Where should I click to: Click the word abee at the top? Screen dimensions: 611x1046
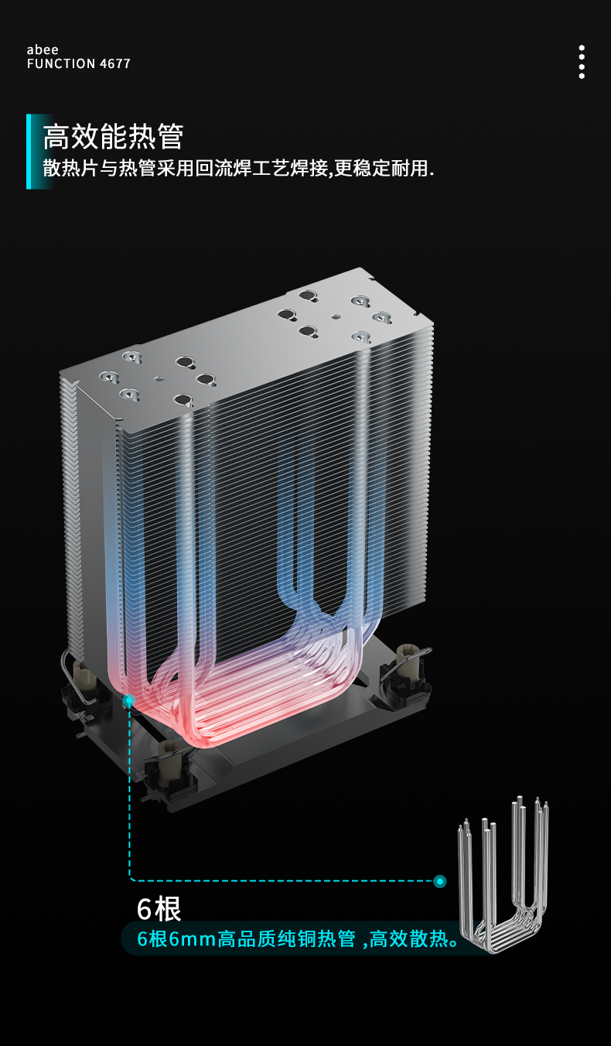click(43, 50)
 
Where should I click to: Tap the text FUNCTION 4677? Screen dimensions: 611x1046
click(78, 63)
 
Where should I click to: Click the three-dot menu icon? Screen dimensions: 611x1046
click(582, 62)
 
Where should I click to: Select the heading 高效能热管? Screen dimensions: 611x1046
click(113, 137)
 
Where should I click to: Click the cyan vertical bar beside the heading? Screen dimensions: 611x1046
click(29, 152)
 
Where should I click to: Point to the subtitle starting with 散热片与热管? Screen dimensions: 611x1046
click(238, 168)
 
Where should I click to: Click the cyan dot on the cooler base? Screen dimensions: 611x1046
click(129, 700)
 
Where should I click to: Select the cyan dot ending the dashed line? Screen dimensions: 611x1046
click(440, 881)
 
